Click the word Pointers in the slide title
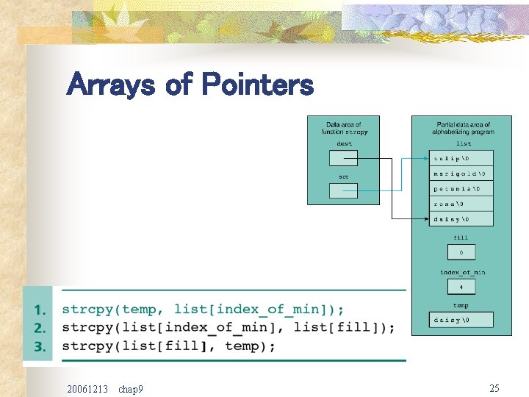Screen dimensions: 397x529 (257, 85)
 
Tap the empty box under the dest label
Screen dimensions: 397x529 (343, 158)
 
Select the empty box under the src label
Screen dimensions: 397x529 (343, 191)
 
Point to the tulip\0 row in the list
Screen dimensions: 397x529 (461, 158)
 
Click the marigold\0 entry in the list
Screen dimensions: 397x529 (461, 174)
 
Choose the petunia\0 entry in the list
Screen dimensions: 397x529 (461, 189)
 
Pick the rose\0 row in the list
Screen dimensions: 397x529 (461, 204)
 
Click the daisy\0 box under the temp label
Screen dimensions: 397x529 (461, 320)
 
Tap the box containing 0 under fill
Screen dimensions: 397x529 (461, 252)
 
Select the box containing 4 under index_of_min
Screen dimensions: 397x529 (461, 287)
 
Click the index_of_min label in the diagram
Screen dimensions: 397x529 (462, 273)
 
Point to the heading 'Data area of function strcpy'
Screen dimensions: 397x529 (344, 128)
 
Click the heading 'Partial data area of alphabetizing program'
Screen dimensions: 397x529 (462, 128)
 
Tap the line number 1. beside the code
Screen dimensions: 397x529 (41, 310)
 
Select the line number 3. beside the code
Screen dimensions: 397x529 (41, 346)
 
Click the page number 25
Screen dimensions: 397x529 (494, 387)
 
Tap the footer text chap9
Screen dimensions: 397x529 (130, 388)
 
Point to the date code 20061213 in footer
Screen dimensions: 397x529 (87, 388)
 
